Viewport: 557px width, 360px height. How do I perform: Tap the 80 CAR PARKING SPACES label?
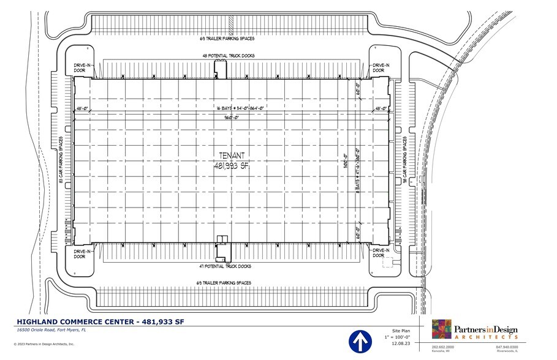[x=61, y=160]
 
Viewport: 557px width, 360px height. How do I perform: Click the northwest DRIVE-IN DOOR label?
[x=80, y=67]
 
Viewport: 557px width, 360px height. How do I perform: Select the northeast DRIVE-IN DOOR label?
[x=381, y=67]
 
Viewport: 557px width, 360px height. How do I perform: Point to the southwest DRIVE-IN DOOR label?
[x=80, y=253]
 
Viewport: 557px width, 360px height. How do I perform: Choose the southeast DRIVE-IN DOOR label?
[x=381, y=253]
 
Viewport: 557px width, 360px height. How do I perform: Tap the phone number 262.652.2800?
[x=433, y=348]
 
